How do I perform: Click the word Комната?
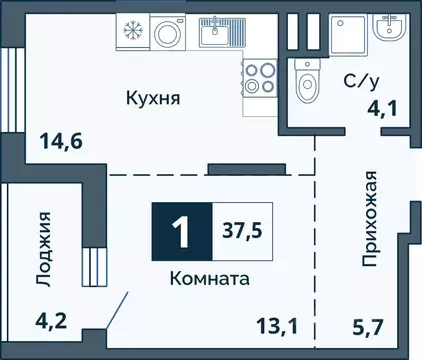(x=209, y=280)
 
